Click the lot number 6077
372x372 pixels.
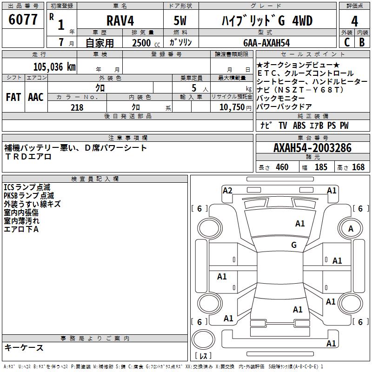point(23,20)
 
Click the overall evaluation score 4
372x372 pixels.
point(354,21)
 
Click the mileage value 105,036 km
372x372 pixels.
point(54,66)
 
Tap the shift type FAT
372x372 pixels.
point(13,97)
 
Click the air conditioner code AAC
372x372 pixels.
point(35,97)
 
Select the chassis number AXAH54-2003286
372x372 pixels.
point(312,148)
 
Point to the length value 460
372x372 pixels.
point(282,167)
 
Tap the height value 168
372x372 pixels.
point(358,167)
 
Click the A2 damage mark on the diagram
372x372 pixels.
point(227,190)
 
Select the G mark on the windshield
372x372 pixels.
point(294,245)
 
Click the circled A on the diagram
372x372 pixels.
point(351,228)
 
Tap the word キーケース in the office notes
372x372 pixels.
point(24,347)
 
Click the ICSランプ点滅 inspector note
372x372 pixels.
point(27,187)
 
